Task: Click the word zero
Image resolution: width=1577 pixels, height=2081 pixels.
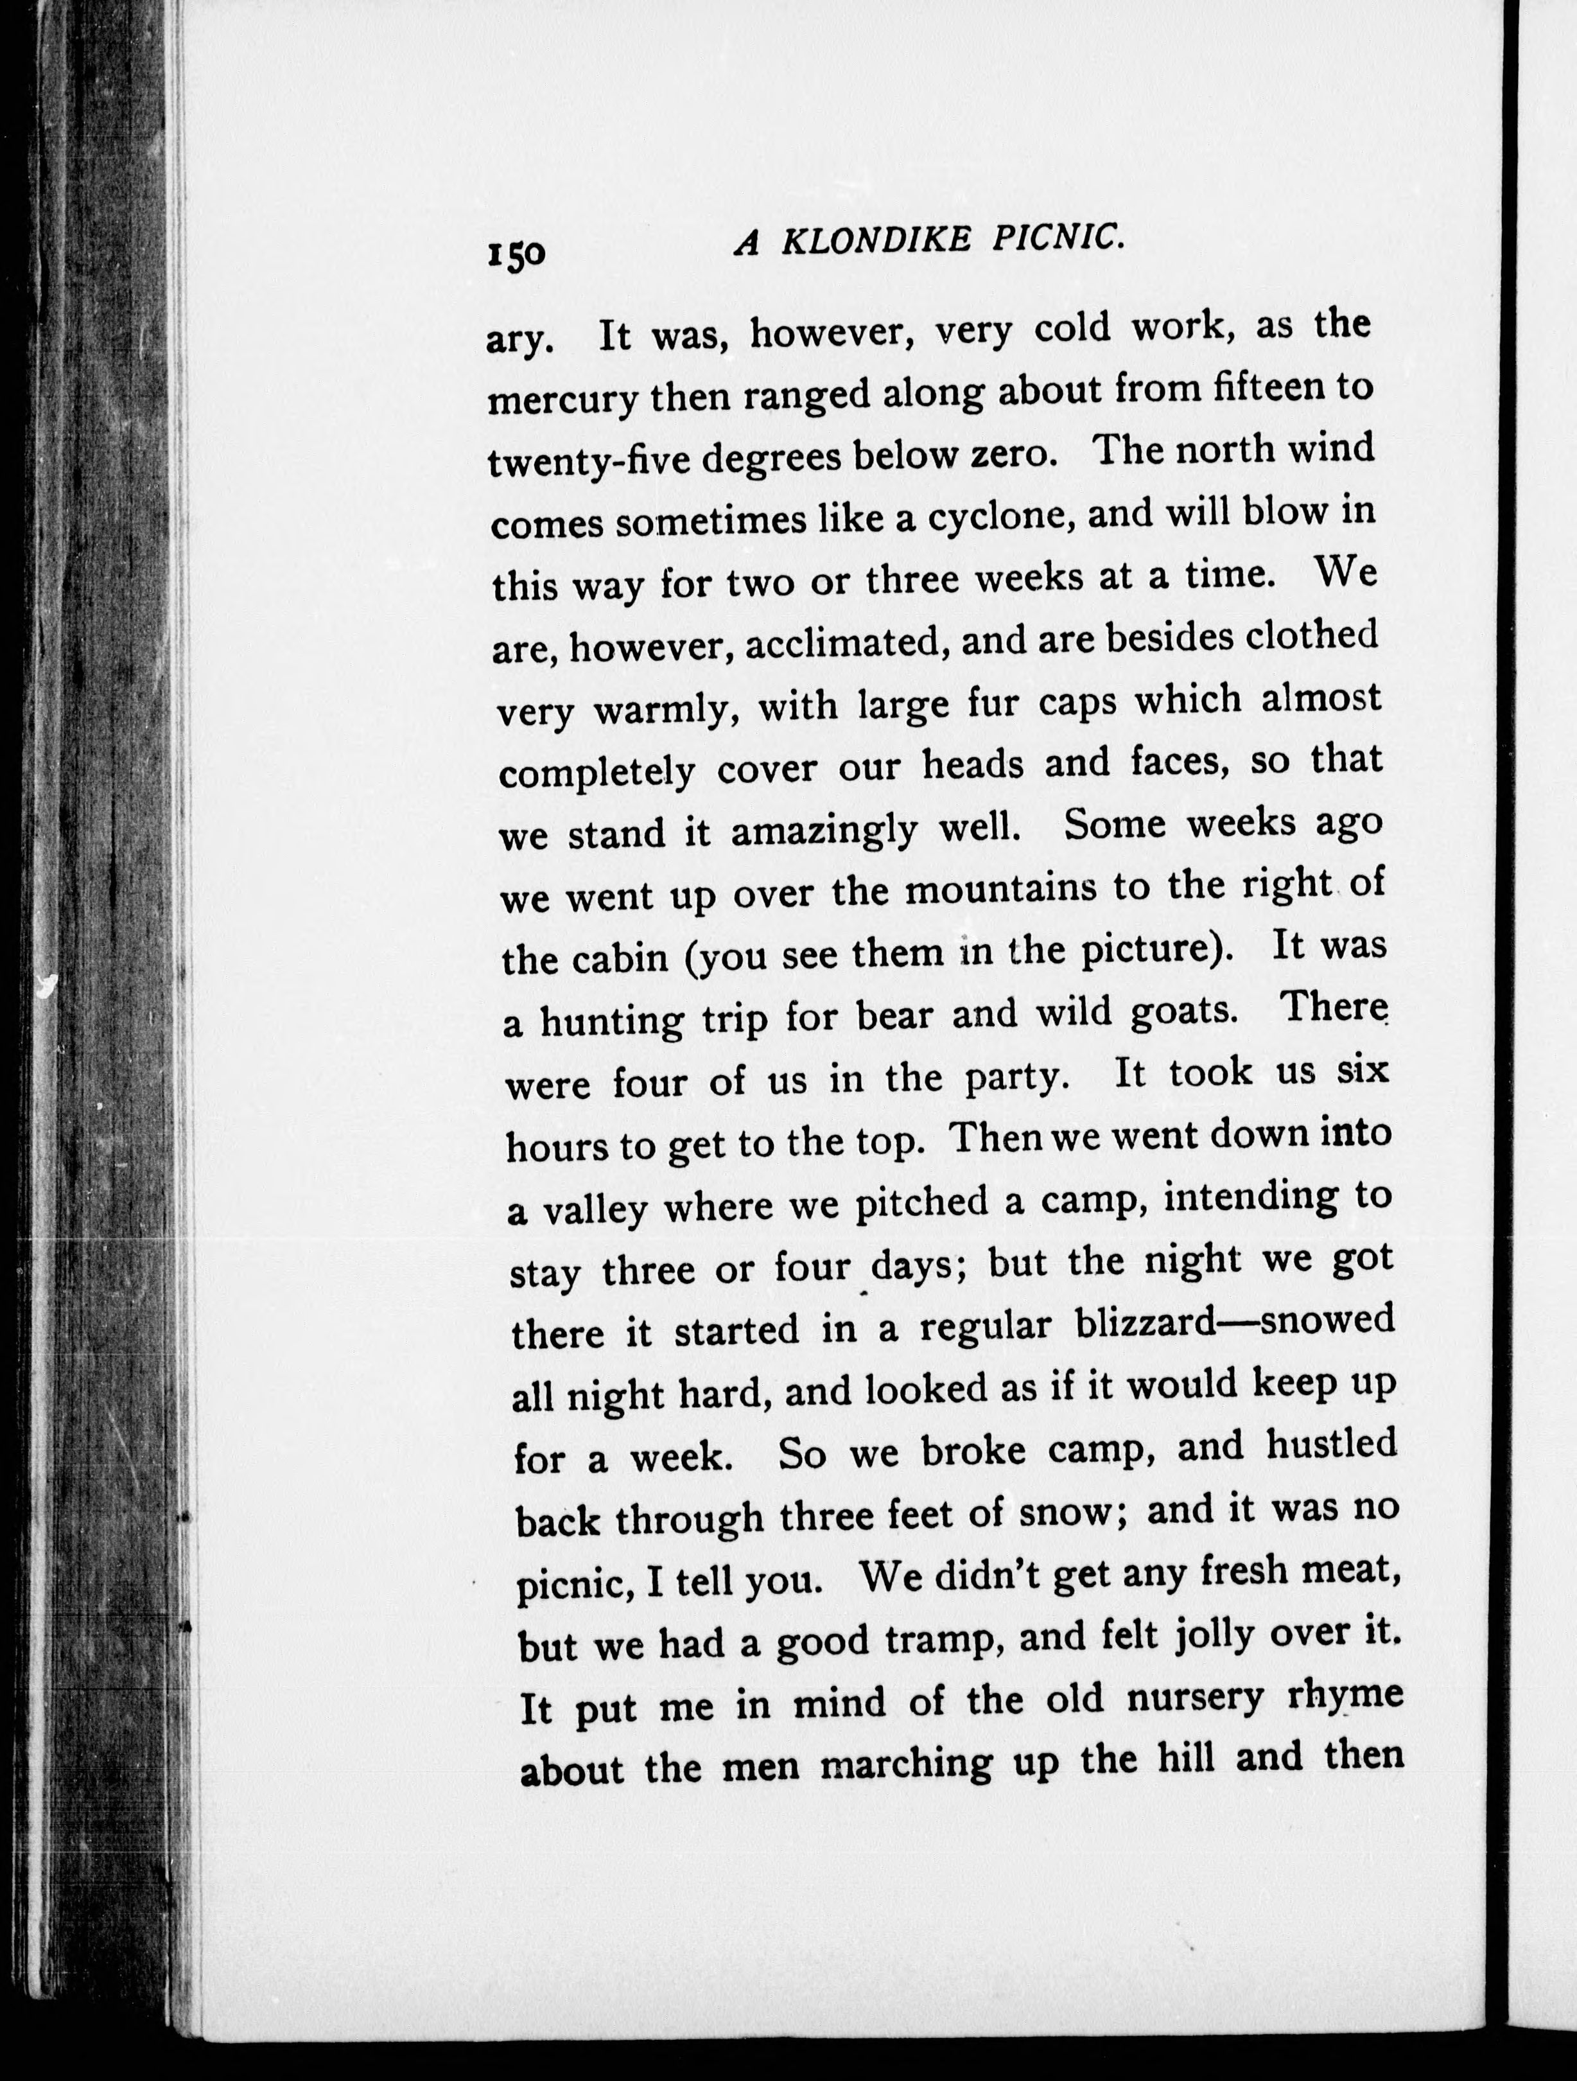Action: [x=1020, y=453]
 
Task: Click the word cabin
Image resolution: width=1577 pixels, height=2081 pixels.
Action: [x=628, y=960]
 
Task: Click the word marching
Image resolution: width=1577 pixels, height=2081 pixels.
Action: [x=907, y=1764]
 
